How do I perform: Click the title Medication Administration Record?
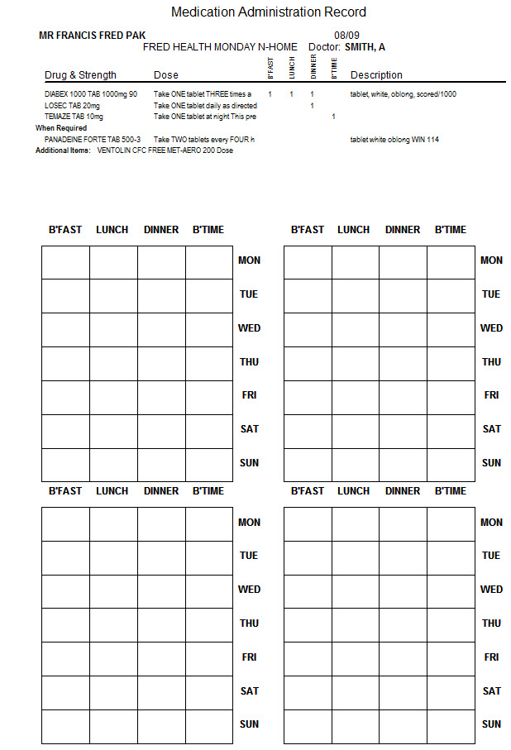click(269, 12)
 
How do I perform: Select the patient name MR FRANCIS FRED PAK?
click(93, 36)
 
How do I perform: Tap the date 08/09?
click(347, 36)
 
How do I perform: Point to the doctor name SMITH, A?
click(365, 47)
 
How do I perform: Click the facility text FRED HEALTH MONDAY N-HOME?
click(220, 47)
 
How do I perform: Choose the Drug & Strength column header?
click(80, 75)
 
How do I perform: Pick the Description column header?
click(376, 75)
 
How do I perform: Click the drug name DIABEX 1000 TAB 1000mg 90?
click(91, 94)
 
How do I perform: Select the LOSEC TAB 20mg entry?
click(72, 106)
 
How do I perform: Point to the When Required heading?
click(61, 128)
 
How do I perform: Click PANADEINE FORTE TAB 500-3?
click(93, 140)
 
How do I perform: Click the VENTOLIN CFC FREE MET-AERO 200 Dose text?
click(165, 150)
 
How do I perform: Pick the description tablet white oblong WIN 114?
click(394, 140)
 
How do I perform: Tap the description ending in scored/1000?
click(403, 94)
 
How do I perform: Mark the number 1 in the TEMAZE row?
click(333, 117)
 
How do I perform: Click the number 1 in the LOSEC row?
click(312, 106)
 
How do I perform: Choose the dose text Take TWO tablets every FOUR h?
click(203, 140)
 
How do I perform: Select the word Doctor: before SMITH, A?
click(324, 47)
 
